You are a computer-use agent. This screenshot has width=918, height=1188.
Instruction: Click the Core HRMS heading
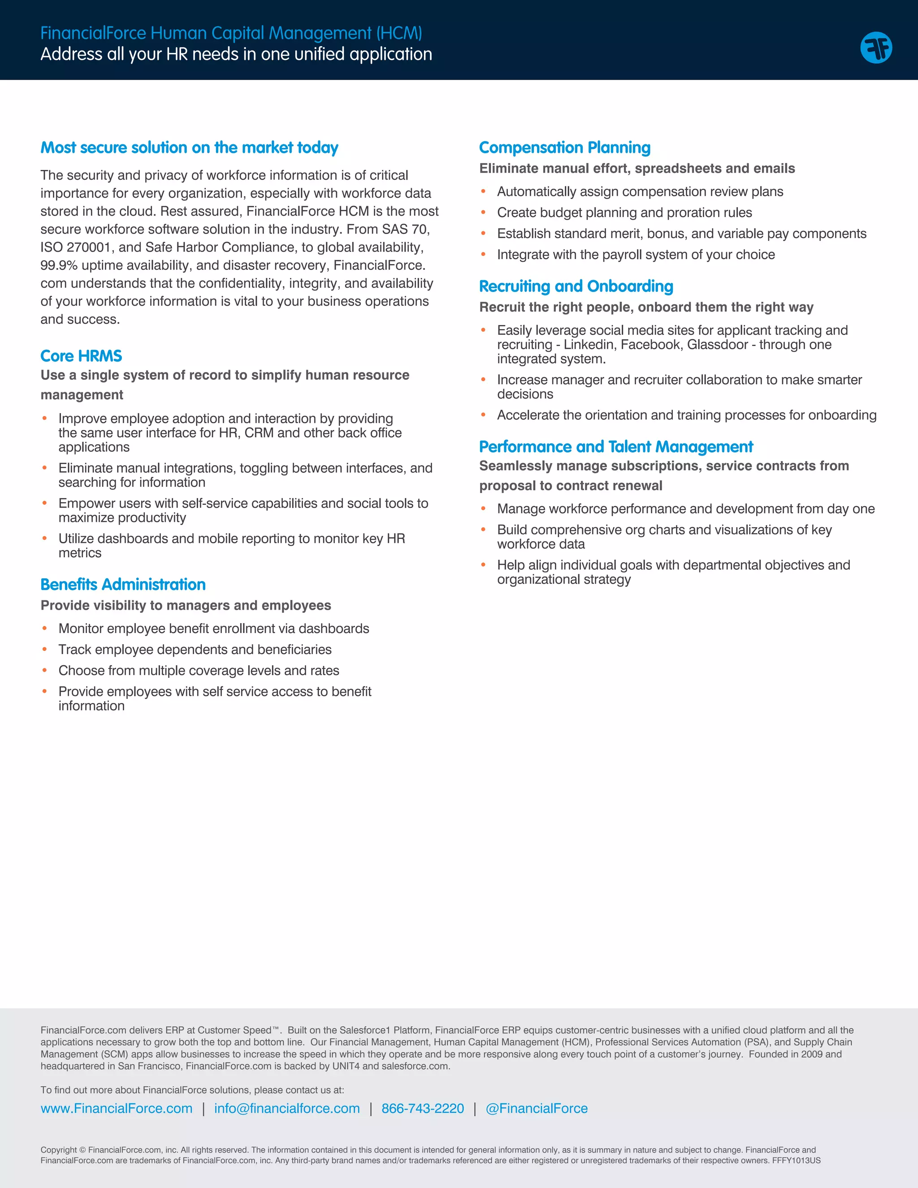pos(81,356)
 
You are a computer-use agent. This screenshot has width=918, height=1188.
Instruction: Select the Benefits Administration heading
pos(123,584)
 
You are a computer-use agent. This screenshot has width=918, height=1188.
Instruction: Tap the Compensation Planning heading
pos(564,147)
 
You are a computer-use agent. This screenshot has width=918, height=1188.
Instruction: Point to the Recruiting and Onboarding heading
pos(576,286)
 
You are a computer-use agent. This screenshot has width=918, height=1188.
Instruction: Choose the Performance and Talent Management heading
pos(615,447)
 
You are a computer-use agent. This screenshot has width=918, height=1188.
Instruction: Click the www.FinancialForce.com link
pos(117,1109)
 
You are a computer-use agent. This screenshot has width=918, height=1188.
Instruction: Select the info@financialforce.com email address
pos(286,1109)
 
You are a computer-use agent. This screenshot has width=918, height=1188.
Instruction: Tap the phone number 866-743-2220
pos(423,1109)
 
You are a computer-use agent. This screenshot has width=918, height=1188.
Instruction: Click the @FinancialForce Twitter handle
pos(536,1109)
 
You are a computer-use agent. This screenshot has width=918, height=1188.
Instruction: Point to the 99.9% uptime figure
pos(59,265)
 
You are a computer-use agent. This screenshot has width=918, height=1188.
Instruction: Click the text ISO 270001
pos(75,247)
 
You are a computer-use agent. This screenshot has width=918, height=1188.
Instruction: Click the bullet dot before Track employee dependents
pos(44,650)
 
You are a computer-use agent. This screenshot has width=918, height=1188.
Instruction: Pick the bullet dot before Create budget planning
pos(483,212)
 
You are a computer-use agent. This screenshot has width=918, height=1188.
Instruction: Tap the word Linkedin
pos(588,345)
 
